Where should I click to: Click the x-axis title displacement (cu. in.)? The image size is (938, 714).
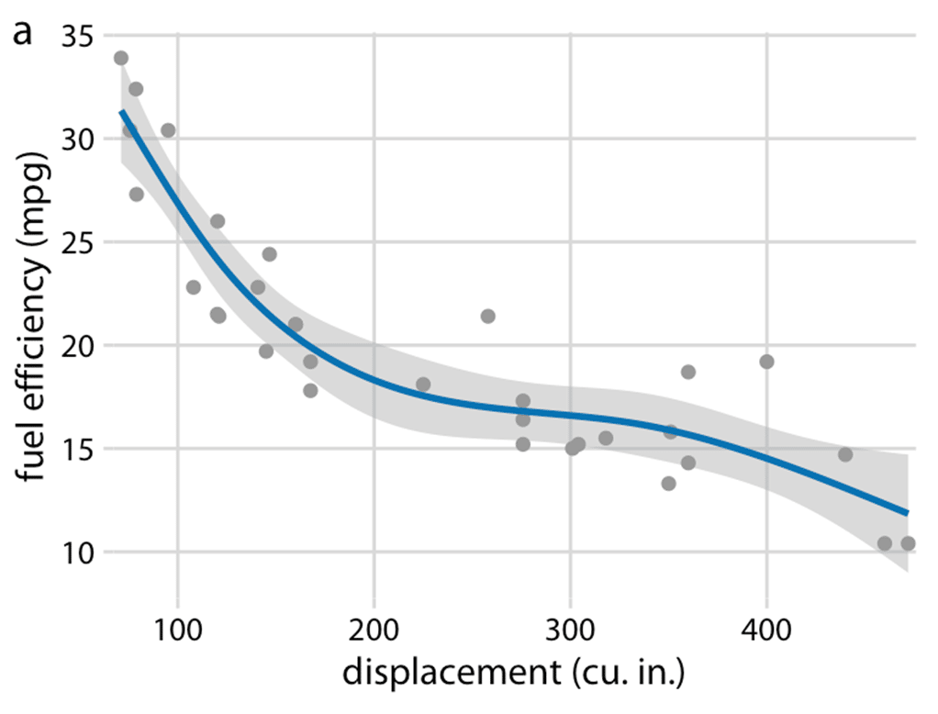tap(514, 675)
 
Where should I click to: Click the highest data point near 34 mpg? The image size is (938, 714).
tap(121, 58)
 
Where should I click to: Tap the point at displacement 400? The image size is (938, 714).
tap(766, 362)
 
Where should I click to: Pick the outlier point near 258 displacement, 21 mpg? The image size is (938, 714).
tap(487, 317)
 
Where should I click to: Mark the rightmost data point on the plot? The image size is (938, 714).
tap(908, 543)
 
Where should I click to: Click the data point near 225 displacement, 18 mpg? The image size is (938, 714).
tap(423, 385)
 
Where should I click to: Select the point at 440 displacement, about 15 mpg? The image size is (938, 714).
tap(845, 454)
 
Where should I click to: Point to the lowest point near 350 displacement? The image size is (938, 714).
tap(668, 484)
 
